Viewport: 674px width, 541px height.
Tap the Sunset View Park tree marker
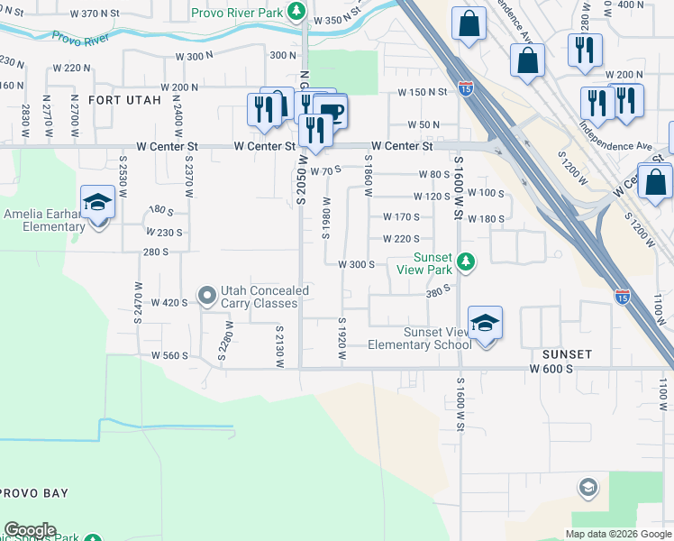click(x=465, y=262)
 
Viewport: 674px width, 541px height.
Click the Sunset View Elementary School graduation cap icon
click(x=485, y=325)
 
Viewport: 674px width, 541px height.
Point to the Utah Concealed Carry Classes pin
click(x=207, y=296)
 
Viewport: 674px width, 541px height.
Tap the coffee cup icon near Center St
click(x=331, y=112)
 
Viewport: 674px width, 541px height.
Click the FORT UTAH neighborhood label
click(x=124, y=100)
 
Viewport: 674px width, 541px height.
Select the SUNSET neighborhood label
click(x=568, y=355)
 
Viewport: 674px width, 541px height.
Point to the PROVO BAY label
click(x=34, y=494)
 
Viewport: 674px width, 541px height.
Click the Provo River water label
click(x=81, y=39)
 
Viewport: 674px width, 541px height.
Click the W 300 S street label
click(x=356, y=264)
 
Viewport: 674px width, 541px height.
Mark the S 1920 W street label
click(x=342, y=340)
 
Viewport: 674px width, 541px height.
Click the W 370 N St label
click(x=94, y=14)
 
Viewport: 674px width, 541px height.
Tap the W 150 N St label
click(x=424, y=92)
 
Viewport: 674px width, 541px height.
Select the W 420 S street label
click(x=168, y=303)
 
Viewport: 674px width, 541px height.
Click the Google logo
click(x=30, y=530)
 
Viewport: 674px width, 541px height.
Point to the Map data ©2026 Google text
click(x=619, y=534)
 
